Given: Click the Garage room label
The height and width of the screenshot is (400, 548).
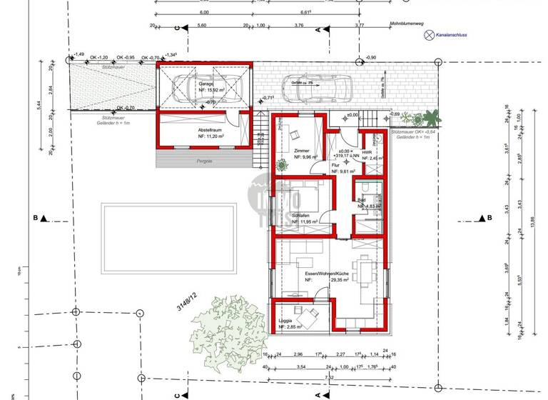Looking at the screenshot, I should (206, 84).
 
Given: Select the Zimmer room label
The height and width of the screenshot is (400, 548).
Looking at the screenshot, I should (302, 151).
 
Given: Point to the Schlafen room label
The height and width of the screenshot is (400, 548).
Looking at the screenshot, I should (300, 215).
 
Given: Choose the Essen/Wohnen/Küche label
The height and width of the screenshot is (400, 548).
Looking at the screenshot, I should (320, 274).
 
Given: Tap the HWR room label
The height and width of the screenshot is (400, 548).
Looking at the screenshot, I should (367, 152).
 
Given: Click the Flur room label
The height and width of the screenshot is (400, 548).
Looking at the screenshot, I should (335, 165).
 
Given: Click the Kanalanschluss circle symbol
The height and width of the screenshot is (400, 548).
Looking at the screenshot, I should (428, 34).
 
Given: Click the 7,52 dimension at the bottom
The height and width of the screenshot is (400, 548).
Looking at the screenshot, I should (329, 378).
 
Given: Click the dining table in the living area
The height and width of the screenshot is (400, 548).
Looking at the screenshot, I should (369, 271).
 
